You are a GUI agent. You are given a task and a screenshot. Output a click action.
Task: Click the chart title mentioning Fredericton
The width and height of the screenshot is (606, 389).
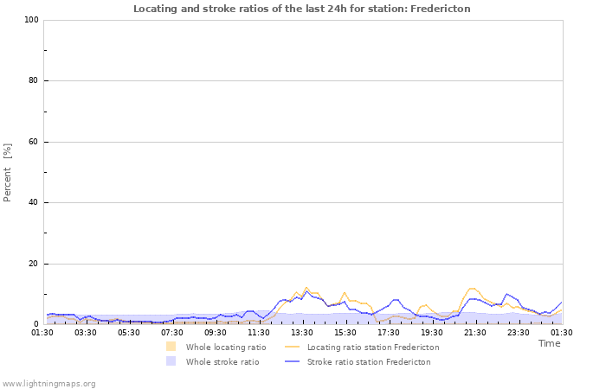coord(302,9)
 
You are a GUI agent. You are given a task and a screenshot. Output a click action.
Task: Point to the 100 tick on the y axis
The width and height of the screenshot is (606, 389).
coord(31,20)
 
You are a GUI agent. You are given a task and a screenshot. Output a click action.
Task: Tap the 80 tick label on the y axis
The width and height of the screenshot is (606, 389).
coord(34,81)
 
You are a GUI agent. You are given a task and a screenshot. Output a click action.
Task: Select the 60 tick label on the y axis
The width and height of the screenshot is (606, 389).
coord(34,142)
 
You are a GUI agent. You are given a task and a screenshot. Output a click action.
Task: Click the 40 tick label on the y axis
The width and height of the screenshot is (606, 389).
coord(34,203)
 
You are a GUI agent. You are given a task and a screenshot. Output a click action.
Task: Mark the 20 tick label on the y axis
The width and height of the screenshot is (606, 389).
coord(34,264)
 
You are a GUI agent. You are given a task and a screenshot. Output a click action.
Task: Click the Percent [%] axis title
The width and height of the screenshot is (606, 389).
coord(8,172)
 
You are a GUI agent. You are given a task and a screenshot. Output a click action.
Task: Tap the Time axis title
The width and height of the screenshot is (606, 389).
coord(549,343)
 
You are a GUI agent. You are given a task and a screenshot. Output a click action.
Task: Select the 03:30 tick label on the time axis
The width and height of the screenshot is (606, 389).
coord(86,332)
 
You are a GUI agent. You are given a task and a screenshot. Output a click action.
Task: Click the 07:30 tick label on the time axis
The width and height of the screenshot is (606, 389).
coord(172,332)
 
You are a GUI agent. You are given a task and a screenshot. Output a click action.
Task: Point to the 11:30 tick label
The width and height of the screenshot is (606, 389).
coord(259,332)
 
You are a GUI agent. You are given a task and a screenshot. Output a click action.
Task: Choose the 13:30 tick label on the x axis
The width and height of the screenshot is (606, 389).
coord(302,332)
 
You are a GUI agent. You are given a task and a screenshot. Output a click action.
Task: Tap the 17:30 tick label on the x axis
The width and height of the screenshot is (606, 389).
coord(389,332)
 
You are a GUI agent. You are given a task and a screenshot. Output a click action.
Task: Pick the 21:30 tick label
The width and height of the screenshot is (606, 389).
coord(475,332)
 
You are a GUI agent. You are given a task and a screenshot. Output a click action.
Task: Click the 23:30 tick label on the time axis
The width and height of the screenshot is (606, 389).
coord(519,332)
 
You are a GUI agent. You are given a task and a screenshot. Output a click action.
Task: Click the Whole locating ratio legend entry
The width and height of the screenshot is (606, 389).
coord(226,348)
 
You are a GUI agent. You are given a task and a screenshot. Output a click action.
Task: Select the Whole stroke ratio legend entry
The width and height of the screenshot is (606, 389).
coord(222,362)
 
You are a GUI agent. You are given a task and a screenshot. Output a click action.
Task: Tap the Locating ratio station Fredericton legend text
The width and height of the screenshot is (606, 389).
coord(373,348)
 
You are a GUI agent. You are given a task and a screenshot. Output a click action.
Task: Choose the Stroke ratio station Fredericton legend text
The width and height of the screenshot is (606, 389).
coord(369,362)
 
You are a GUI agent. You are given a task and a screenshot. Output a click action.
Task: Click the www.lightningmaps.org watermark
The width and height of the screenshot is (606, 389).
coord(48,384)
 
